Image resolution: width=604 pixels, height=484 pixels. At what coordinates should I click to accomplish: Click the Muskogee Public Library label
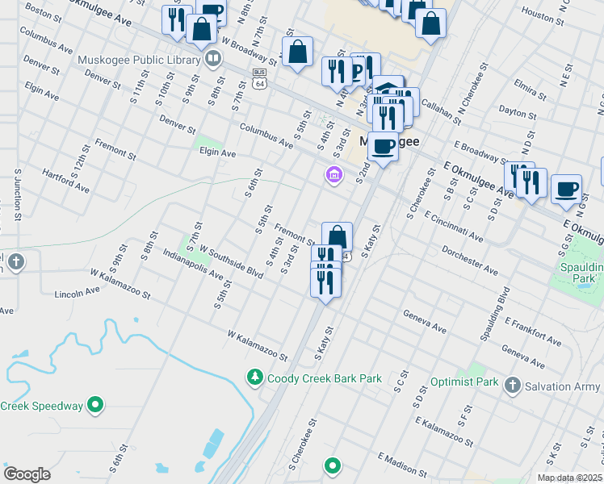click(138, 59)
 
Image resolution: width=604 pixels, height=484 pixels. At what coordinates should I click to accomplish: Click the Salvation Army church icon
click(512, 386)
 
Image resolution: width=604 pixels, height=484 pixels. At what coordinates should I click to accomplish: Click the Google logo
click(27, 474)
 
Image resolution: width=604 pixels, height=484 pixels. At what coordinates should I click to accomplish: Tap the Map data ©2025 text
click(568, 478)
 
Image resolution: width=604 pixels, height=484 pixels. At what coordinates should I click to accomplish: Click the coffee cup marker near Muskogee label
click(382, 147)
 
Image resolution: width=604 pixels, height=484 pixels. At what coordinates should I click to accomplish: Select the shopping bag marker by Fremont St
click(337, 237)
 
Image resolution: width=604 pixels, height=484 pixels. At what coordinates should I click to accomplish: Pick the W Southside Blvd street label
click(232, 263)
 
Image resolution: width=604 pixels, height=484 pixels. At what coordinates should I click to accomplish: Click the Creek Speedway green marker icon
click(95, 405)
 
